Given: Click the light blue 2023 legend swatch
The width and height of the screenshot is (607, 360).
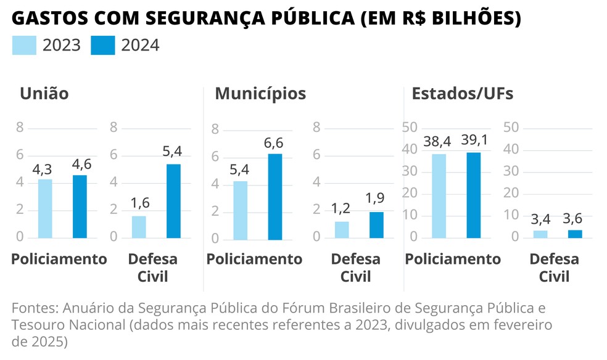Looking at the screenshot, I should tap(24, 46).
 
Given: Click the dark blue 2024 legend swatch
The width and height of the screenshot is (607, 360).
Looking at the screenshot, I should tap(102, 46).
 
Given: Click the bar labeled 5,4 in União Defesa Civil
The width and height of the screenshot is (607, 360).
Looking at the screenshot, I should tap(173, 201).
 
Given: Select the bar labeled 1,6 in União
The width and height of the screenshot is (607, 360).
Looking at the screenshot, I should tap(139, 227).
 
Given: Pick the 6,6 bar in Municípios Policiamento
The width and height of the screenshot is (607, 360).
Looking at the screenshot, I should tap(275, 197).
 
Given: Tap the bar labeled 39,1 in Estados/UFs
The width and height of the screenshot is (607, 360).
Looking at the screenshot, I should tap(473, 195).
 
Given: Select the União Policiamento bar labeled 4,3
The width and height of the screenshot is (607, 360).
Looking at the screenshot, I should tap(45, 208).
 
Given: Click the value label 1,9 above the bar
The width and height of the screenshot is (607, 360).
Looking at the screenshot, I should tap(376, 198).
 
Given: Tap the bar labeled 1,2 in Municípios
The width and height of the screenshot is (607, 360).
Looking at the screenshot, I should tap(342, 229).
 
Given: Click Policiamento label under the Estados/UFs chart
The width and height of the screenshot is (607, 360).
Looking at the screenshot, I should tap(453, 259).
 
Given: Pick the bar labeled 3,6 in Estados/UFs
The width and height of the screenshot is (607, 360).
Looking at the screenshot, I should tap(575, 234).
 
